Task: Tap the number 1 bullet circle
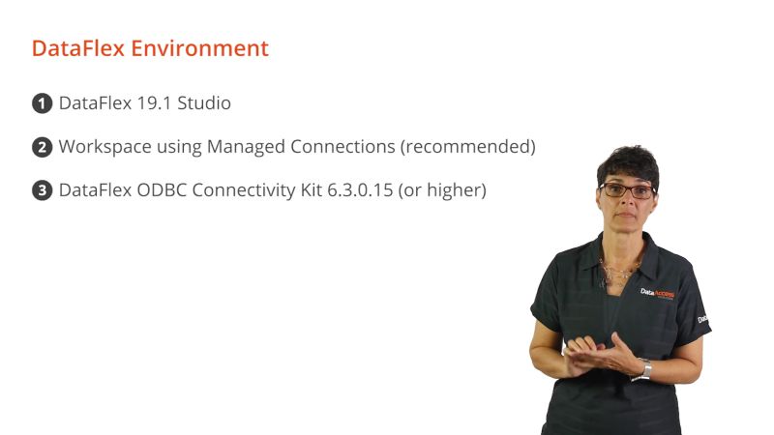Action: click(x=42, y=103)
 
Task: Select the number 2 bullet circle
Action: click(x=42, y=148)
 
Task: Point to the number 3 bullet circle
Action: click(x=42, y=191)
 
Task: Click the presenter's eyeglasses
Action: click(x=627, y=189)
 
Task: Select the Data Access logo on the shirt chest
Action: click(x=657, y=292)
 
